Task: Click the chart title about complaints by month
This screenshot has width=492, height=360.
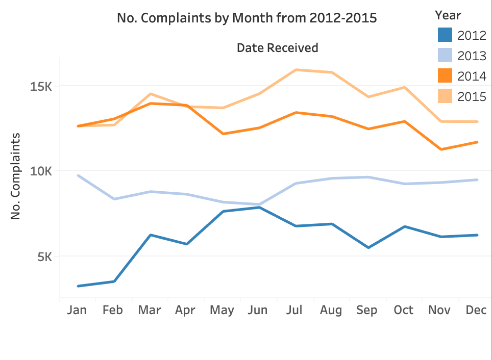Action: tap(247, 18)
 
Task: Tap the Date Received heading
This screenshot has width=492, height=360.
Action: tap(277, 48)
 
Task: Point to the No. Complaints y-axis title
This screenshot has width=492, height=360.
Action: tap(15, 176)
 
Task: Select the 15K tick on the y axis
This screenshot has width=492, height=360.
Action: tap(41, 87)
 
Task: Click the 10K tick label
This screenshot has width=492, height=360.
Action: tap(41, 171)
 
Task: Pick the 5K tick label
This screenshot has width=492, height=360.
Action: tap(44, 257)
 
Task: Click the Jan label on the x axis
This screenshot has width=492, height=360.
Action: tap(77, 310)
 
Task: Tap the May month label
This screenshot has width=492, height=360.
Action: tap(222, 310)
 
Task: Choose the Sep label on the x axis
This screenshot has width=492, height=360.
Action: tap(367, 310)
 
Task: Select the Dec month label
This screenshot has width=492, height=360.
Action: tap(476, 310)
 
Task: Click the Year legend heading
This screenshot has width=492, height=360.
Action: tap(448, 15)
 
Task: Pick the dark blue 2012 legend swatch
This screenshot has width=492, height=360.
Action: tap(446, 35)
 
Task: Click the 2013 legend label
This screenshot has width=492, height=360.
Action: tap(472, 56)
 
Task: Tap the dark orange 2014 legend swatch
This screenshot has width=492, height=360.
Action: tap(446, 76)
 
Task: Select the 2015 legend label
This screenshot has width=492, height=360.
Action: tap(472, 96)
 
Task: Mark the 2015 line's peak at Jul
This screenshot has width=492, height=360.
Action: tap(296, 70)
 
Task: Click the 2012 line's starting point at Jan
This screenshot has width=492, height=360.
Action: tap(78, 286)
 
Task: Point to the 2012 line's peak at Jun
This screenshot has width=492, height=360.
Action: tap(259, 208)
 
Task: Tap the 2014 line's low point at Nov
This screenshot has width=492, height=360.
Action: tap(441, 149)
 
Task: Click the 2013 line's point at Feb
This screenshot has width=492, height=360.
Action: tap(114, 199)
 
